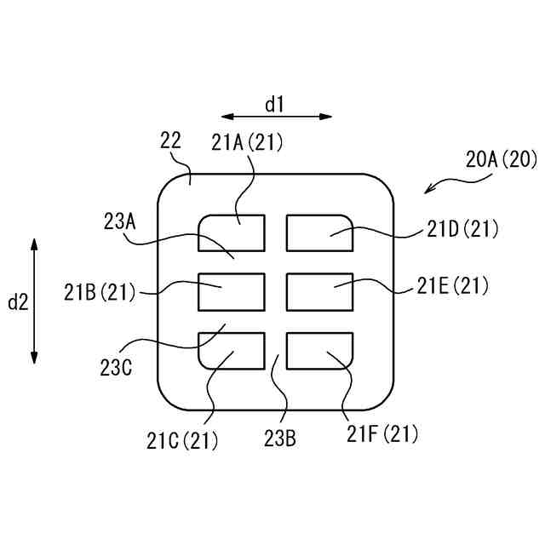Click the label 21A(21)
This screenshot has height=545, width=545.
click(248, 143)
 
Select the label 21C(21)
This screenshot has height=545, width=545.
click(181, 440)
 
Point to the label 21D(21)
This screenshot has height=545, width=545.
click(463, 228)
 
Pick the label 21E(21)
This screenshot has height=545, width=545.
click(453, 287)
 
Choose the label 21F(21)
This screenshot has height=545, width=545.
click(383, 434)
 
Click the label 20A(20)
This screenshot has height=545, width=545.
click(500, 158)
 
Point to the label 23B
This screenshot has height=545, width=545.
click(279, 439)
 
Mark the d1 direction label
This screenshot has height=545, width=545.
click(274, 105)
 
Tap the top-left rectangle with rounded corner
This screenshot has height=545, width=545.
click(232, 233)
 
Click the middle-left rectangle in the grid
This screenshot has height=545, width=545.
click(232, 291)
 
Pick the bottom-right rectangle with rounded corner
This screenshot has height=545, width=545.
click(320, 351)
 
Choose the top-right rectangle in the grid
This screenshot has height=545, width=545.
click(320, 233)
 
